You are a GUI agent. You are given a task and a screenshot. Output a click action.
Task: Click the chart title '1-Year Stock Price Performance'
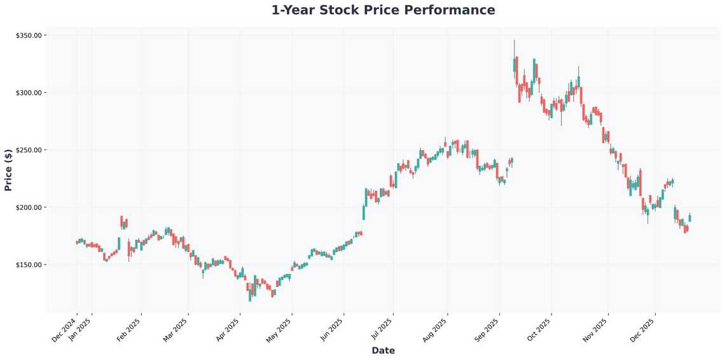[x=383, y=10]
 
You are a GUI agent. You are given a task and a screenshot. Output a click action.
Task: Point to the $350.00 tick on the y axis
[x=29, y=36]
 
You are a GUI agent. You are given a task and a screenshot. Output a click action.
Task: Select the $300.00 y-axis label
[x=29, y=93]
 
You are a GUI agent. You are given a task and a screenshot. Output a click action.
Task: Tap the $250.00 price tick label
[x=29, y=150]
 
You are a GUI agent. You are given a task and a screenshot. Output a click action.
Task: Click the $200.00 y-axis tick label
[x=29, y=207]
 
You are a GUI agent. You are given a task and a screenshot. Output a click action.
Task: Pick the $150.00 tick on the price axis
[x=29, y=265]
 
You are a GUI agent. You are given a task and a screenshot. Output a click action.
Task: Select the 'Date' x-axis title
[x=383, y=350]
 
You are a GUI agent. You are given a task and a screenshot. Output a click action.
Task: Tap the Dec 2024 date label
[x=66, y=329]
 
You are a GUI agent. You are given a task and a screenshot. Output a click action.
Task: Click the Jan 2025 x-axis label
[x=81, y=329]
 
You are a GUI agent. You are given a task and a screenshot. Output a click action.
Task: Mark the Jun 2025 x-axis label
[x=333, y=329]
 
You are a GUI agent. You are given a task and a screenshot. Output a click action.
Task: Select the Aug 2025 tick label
[x=436, y=329]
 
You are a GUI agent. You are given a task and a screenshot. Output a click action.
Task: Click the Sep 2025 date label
[x=488, y=329]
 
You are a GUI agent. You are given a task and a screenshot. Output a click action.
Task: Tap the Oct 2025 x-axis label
[x=540, y=329]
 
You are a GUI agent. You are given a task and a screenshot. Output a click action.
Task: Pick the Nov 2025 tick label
[x=597, y=329]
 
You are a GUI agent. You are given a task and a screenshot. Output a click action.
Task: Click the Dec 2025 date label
[x=644, y=329]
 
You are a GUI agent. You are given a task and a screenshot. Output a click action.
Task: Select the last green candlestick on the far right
[x=689, y=218]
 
